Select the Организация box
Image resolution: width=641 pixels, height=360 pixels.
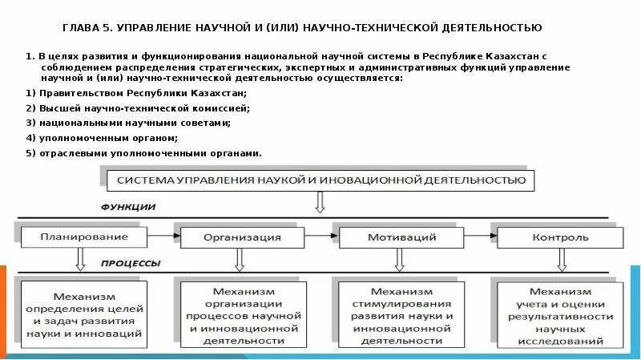pyautogui.click(x=242, y=237)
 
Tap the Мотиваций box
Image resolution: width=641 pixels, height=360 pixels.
pyautogui.click(x=401, y=237)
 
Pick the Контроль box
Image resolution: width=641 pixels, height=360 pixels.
pyautogui.click(x=560, y=237)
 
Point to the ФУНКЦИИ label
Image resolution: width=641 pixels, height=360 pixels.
pyautogui.click(x=128, y=207)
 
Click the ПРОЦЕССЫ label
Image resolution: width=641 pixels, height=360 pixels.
pyautogui.click(x=131, y=262)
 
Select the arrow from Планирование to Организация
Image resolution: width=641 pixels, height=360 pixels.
pyautogui.click(x=164, y=236)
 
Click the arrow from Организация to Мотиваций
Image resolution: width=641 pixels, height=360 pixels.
pyautogui.click(x=323, y=236)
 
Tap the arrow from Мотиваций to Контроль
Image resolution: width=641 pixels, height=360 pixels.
pyautogui.click(x=481, y=236)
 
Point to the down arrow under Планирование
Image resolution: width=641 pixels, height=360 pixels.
pyautogui.click(x=80, y=259)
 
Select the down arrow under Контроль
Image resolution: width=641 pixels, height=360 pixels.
pyautogui.click(x=560, y=259)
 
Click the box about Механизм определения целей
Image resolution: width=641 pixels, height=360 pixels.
pyautogui.click(x=84, y=314)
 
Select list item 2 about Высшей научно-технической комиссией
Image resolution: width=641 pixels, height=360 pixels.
pyautogui.click(x=137, y=107)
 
